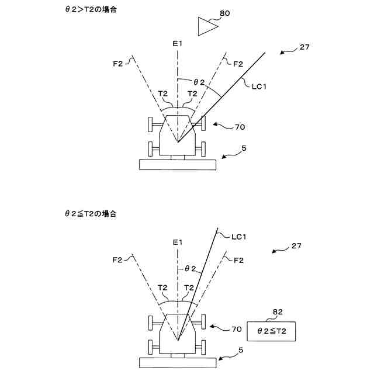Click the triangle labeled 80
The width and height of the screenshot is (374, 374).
[206, 27]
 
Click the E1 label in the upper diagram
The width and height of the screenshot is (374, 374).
[178, 44]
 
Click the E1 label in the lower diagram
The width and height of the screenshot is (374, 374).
[178, 242]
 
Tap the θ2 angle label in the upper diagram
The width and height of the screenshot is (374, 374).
[199, 82]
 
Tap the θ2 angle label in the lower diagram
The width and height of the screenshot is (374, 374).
[191, 268]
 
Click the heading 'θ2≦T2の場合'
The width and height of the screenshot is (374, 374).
[91, 214]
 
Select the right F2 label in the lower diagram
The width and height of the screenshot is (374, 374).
[238, 260]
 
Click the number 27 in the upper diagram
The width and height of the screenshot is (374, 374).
[304, 48]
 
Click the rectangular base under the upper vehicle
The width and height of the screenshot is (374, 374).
[178, 164]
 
